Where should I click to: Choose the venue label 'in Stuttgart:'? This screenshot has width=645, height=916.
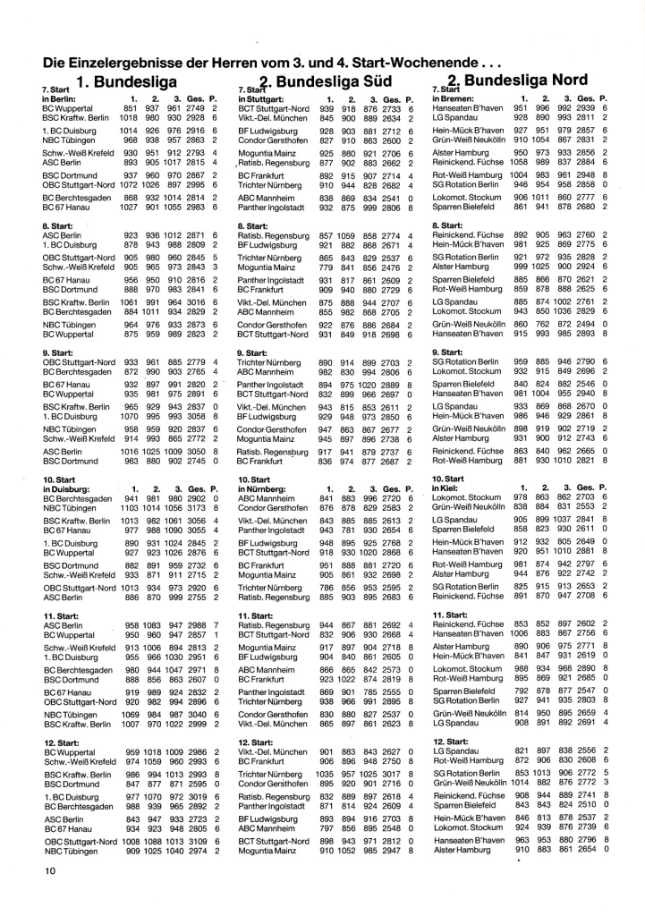click(260, 98)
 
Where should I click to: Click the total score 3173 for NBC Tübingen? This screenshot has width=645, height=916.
click(199, 508)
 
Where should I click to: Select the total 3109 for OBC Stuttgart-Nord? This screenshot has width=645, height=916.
click(199, 841)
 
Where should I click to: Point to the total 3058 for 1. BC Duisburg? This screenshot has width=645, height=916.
click(199, 415)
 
